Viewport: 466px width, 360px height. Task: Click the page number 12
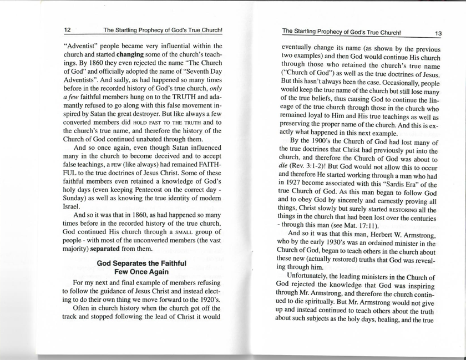pos(67,30)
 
